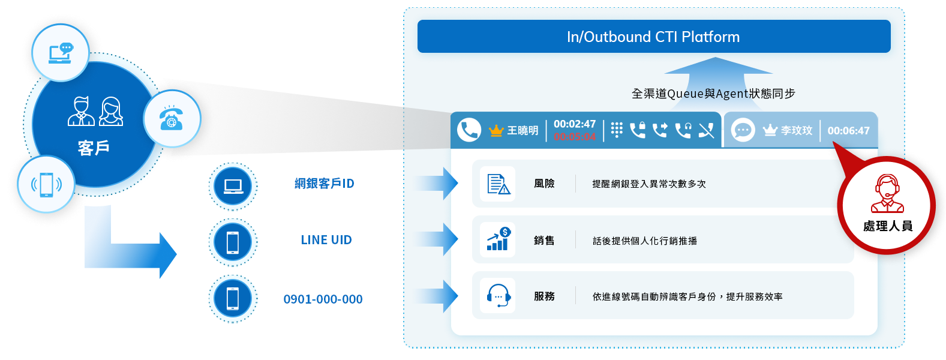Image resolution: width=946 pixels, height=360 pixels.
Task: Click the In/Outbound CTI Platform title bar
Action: (x=653, y=37)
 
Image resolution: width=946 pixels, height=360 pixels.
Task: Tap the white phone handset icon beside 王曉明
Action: (x=469, y=130)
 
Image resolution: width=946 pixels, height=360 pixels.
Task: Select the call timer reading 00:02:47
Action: (x=574, y=124)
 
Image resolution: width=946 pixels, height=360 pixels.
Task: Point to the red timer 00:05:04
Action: (x=574, y=137)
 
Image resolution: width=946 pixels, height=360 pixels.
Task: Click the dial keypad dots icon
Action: (x=617, y=130)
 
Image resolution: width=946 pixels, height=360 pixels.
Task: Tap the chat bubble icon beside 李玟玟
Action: (x=743, y=130)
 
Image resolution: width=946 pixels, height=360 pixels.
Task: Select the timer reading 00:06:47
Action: (x=848, y=131)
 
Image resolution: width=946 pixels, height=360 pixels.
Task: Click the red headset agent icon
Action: (x=887, y=193)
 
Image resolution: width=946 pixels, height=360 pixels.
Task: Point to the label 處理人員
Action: (x=887, y=226)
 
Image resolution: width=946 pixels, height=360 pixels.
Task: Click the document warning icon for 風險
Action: (x=498, y=184)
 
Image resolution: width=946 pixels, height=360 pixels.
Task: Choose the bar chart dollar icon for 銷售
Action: (x=498, y=239)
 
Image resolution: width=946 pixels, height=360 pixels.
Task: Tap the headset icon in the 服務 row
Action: (x=498, y=296)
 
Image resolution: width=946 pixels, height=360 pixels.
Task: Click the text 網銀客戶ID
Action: (x=324, y=184)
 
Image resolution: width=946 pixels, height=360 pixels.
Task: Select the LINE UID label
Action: (x=326, y=240)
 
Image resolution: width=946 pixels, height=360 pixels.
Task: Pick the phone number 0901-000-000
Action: (x=323, y=299)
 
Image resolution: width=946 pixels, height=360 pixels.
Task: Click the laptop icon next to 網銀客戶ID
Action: (x=233, y=186)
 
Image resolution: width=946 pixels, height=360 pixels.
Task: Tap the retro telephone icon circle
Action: (x=172, y=118)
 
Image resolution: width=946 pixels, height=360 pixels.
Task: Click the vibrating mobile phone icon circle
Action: (x=46, y=184)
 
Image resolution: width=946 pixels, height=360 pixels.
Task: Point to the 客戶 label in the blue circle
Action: (x=94, y=148)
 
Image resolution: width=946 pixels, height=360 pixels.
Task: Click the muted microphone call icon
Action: (x=706, y=130)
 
